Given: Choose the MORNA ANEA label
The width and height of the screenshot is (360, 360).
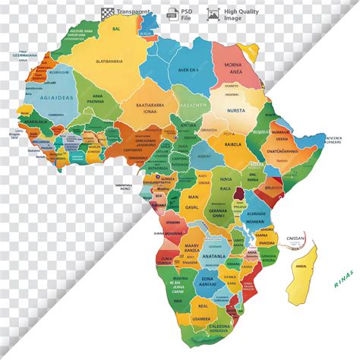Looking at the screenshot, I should pos(232,68).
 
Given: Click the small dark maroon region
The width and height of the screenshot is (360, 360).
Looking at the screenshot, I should pos(238,195).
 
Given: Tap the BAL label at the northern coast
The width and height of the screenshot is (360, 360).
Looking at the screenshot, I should pos(116,28).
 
